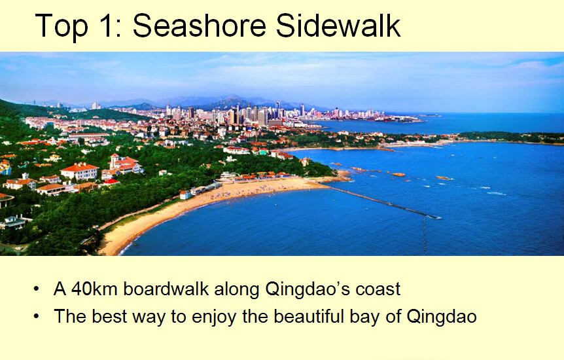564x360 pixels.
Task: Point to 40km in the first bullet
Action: click(x=95, y=289)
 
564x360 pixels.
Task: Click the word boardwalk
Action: click(x=166, y=289)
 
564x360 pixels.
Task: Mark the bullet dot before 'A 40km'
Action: click(x=36, y=289)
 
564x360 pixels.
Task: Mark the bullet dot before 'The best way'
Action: click(x=36, y=316)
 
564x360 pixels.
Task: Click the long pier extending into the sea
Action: click(x=383, y=202)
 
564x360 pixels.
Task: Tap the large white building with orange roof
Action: click(x=79, y=171)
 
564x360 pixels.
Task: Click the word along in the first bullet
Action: click(x=237, y=289)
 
